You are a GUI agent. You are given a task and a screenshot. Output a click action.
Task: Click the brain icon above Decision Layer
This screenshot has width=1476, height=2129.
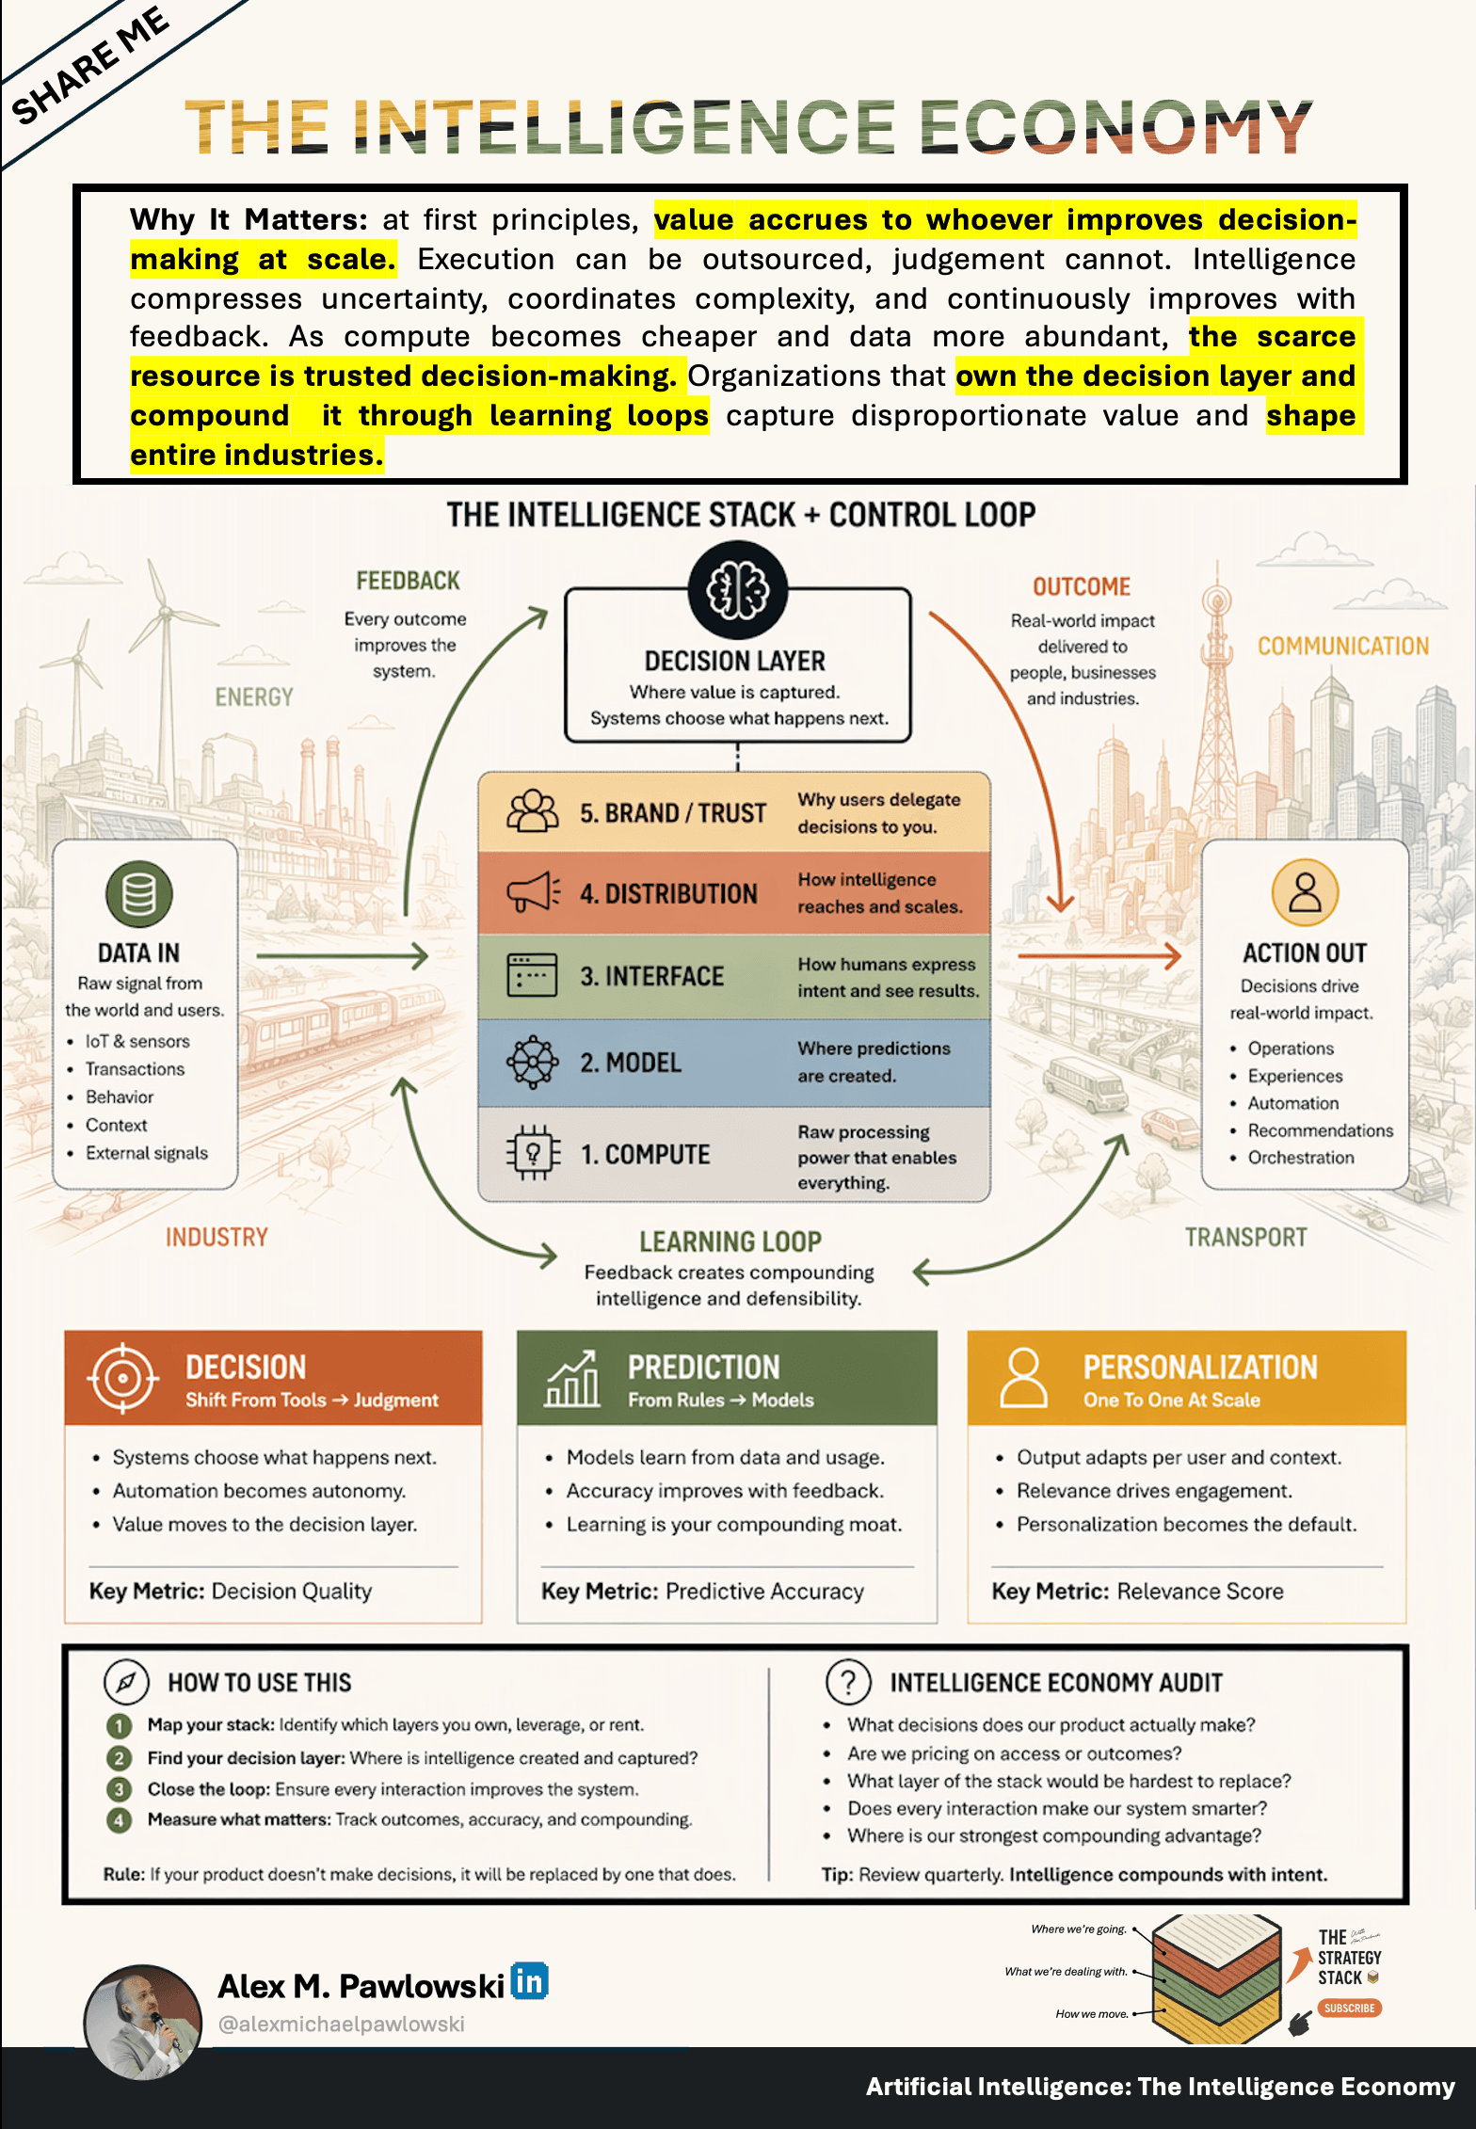click(x=737, y=590)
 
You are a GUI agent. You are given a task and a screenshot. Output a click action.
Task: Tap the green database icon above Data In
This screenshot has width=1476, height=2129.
click(x=138, y=893)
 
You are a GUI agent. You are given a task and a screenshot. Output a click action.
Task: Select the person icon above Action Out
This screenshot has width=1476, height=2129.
click(x=1305, y=892)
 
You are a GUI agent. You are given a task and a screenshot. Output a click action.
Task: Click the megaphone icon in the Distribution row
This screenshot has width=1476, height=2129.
click(x=534, y=892)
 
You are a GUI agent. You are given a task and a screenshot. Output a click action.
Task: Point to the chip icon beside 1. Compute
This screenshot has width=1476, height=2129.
click(x=533, y=1153)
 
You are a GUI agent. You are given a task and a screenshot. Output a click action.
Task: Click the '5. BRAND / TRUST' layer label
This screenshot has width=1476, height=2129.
click(x=672, y=813)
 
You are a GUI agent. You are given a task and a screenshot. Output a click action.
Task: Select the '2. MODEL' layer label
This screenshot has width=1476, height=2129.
click(x=630, y=1063)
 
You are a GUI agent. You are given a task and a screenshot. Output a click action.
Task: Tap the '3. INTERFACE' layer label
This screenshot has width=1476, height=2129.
click(x=651, y=976)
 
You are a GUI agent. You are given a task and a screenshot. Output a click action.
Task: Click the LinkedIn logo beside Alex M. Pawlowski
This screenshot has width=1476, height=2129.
click(x=529, y=1981)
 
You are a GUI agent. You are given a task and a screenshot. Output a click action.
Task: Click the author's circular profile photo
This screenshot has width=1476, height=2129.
click(x=143, y=2022)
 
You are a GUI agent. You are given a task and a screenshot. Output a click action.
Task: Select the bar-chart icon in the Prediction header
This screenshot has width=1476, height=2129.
click(x=572, y=1379)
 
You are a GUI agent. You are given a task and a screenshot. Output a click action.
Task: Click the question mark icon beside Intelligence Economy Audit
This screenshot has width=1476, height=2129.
click(x=848, y=1681)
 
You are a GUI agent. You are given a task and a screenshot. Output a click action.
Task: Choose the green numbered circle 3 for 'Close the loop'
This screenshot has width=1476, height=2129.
click(x=119, y=1788)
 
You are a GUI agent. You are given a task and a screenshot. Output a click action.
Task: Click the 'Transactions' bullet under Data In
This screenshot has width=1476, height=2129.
click(x=135, y=1069)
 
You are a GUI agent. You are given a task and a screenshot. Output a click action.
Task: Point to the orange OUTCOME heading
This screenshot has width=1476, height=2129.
click(x=1082, y=586)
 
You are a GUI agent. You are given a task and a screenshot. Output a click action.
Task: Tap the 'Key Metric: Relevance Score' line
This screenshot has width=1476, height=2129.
click(x=1137, y=1591)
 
